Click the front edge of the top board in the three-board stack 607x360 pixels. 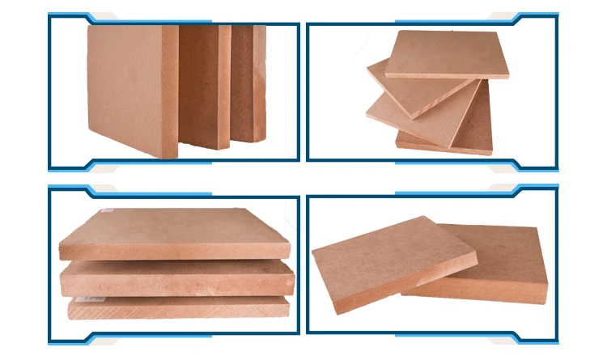click(174, 252)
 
